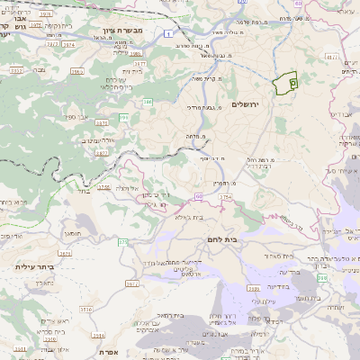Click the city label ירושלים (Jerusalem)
245,105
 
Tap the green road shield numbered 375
122,242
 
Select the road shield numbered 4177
330,57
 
